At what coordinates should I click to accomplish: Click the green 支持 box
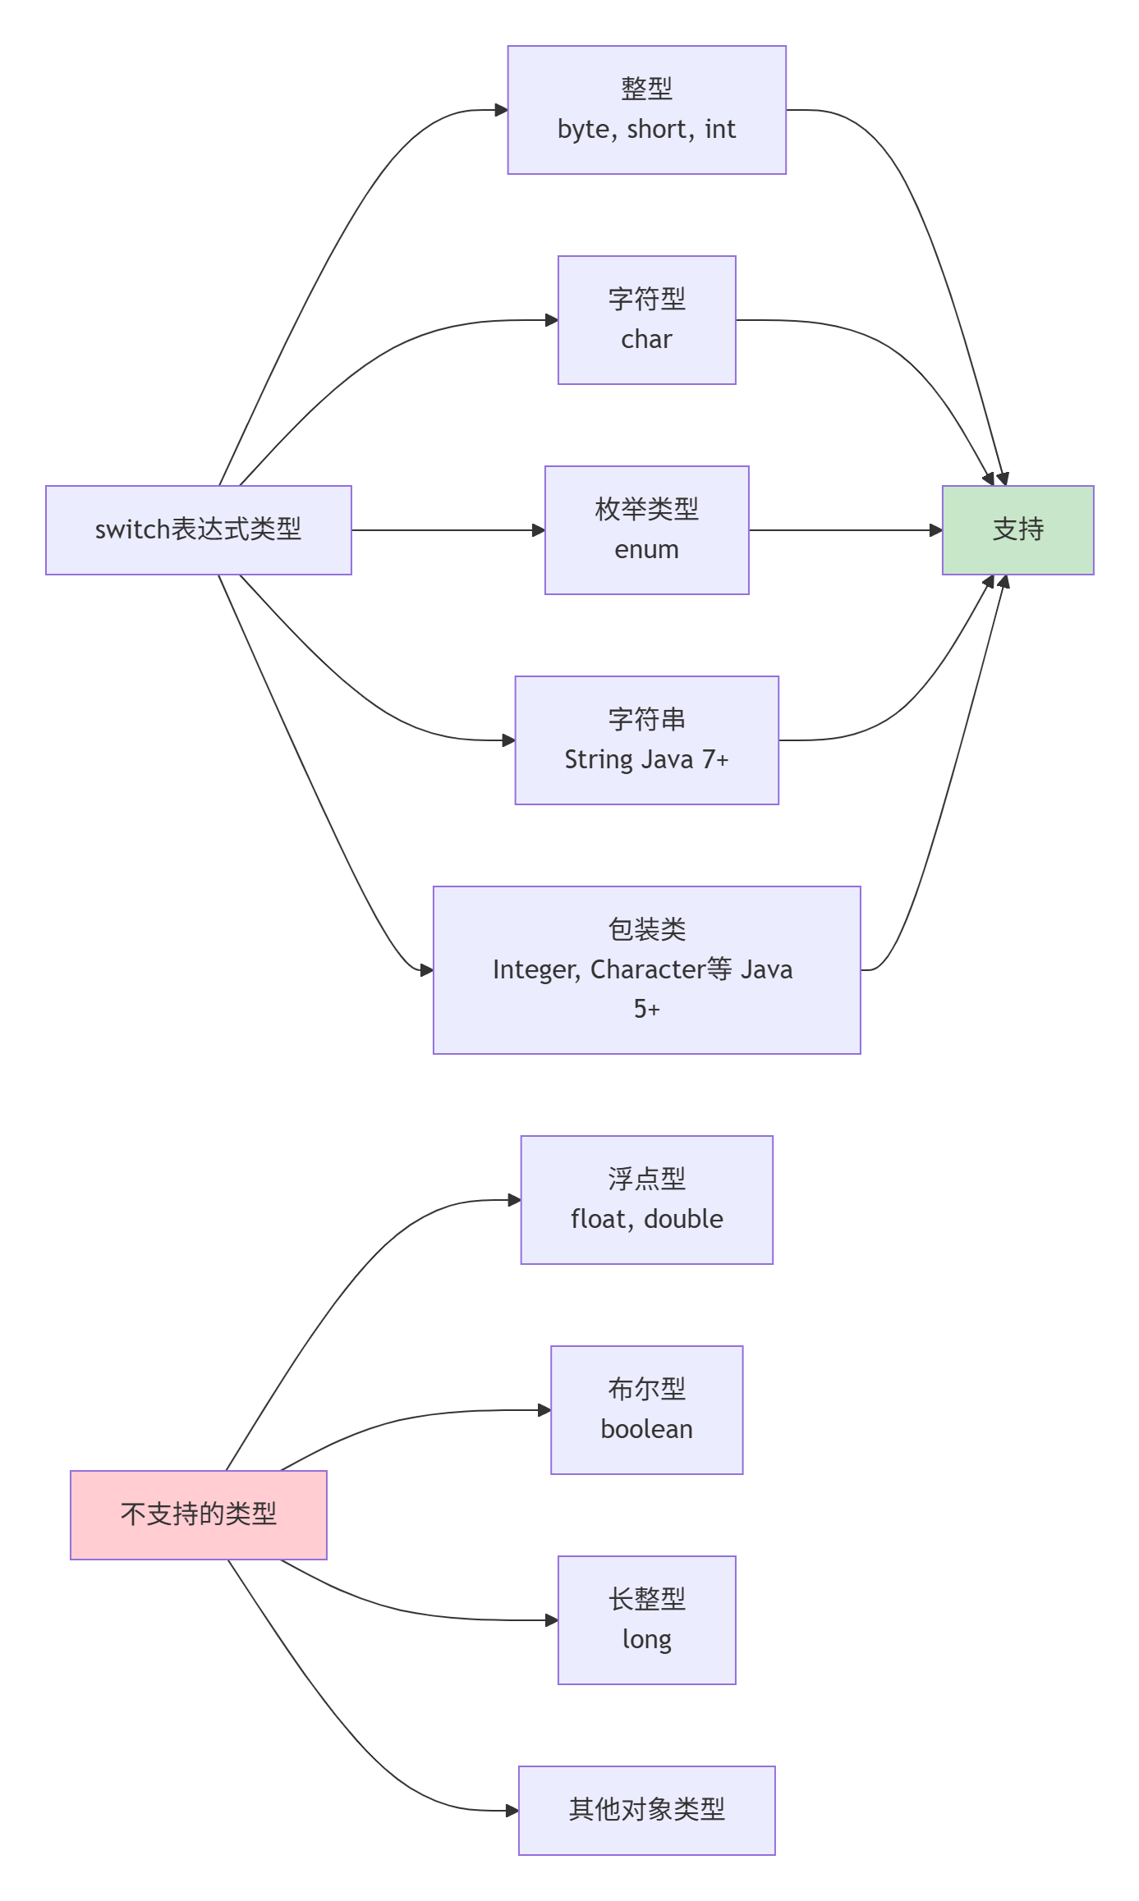(x=1017, y=530)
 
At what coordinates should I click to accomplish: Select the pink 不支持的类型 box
(x=199, y=1514)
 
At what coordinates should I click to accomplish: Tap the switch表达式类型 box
(x=199, y=530)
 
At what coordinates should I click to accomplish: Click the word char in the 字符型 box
(x=646, y=340)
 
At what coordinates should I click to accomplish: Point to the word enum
(x=646, y=550)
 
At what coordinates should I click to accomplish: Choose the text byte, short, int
(x=646, y=130)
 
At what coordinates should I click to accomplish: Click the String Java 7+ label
(x=646, y=760)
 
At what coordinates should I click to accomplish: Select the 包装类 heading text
(x=646, y=930)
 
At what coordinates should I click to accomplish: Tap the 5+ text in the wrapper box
(x=646, y=1009)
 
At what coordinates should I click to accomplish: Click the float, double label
(x=646, y=1220)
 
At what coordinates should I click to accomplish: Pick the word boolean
(x=646, y=1430)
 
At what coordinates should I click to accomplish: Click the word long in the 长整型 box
(x=646, y=1640)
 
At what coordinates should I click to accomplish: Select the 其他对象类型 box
(x=646, y=1810)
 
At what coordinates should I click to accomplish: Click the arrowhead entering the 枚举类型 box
(x=539, y=530)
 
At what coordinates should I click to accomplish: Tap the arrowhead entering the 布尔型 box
(x=544, y=1410)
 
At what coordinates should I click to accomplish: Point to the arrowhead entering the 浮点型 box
(x=515, y=1200)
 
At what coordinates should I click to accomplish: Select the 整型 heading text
(x=646, y=89)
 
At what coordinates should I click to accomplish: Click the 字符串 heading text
(x=646, y=720)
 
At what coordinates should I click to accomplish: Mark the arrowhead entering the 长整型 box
(x=552, y=1620)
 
